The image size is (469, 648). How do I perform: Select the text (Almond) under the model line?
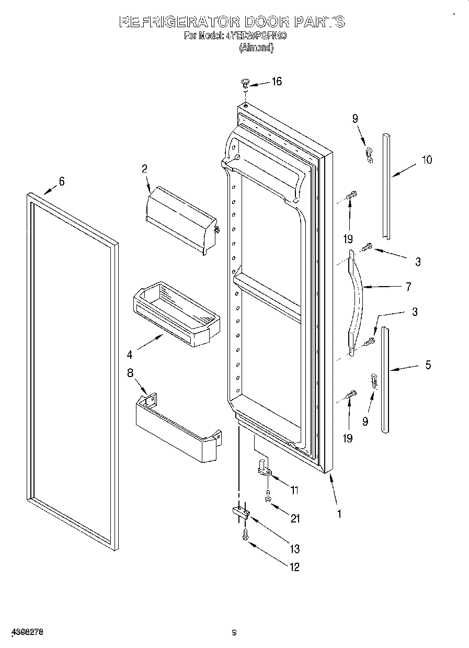(x=256, y=48)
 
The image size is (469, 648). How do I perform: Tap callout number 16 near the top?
(x=276, y=81)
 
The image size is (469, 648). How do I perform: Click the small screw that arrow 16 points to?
(x=245, y=82)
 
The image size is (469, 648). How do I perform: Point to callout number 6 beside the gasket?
(x=62, y=181)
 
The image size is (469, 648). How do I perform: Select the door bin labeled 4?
(x=176, y=314)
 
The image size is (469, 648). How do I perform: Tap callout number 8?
(x=130, y=372)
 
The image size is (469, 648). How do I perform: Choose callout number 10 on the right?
(x=427, y=160)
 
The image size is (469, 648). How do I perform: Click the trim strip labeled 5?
(x=385, y=379)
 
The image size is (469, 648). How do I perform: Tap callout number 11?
(x=294, y=490)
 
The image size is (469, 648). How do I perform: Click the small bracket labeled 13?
(x=239, y=512)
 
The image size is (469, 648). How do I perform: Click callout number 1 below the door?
(x=339, y=514)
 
